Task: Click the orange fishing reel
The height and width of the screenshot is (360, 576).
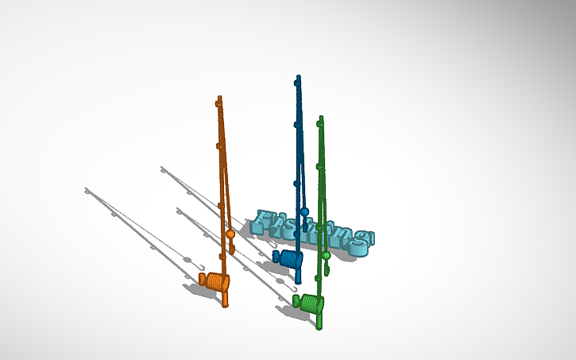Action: (x=215, y=281)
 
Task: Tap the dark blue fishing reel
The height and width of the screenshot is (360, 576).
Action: (x=288, y=258)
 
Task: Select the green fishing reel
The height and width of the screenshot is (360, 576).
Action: (x=311, y=303)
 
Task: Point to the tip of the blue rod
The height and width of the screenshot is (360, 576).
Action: (x=299, y=78)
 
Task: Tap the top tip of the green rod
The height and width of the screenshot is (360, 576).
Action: (x=321, y=118)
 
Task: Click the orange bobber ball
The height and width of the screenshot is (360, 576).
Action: (x=230, y=234)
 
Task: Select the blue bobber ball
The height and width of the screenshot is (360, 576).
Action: (x=304, y=211)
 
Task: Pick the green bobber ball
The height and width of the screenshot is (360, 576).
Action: (x=326, y=255)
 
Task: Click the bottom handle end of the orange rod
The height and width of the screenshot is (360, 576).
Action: (x=226, y=304)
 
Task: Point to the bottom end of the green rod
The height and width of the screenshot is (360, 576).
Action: (x=319, y=326)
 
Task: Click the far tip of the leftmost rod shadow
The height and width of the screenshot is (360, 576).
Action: (x=87, y=189)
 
